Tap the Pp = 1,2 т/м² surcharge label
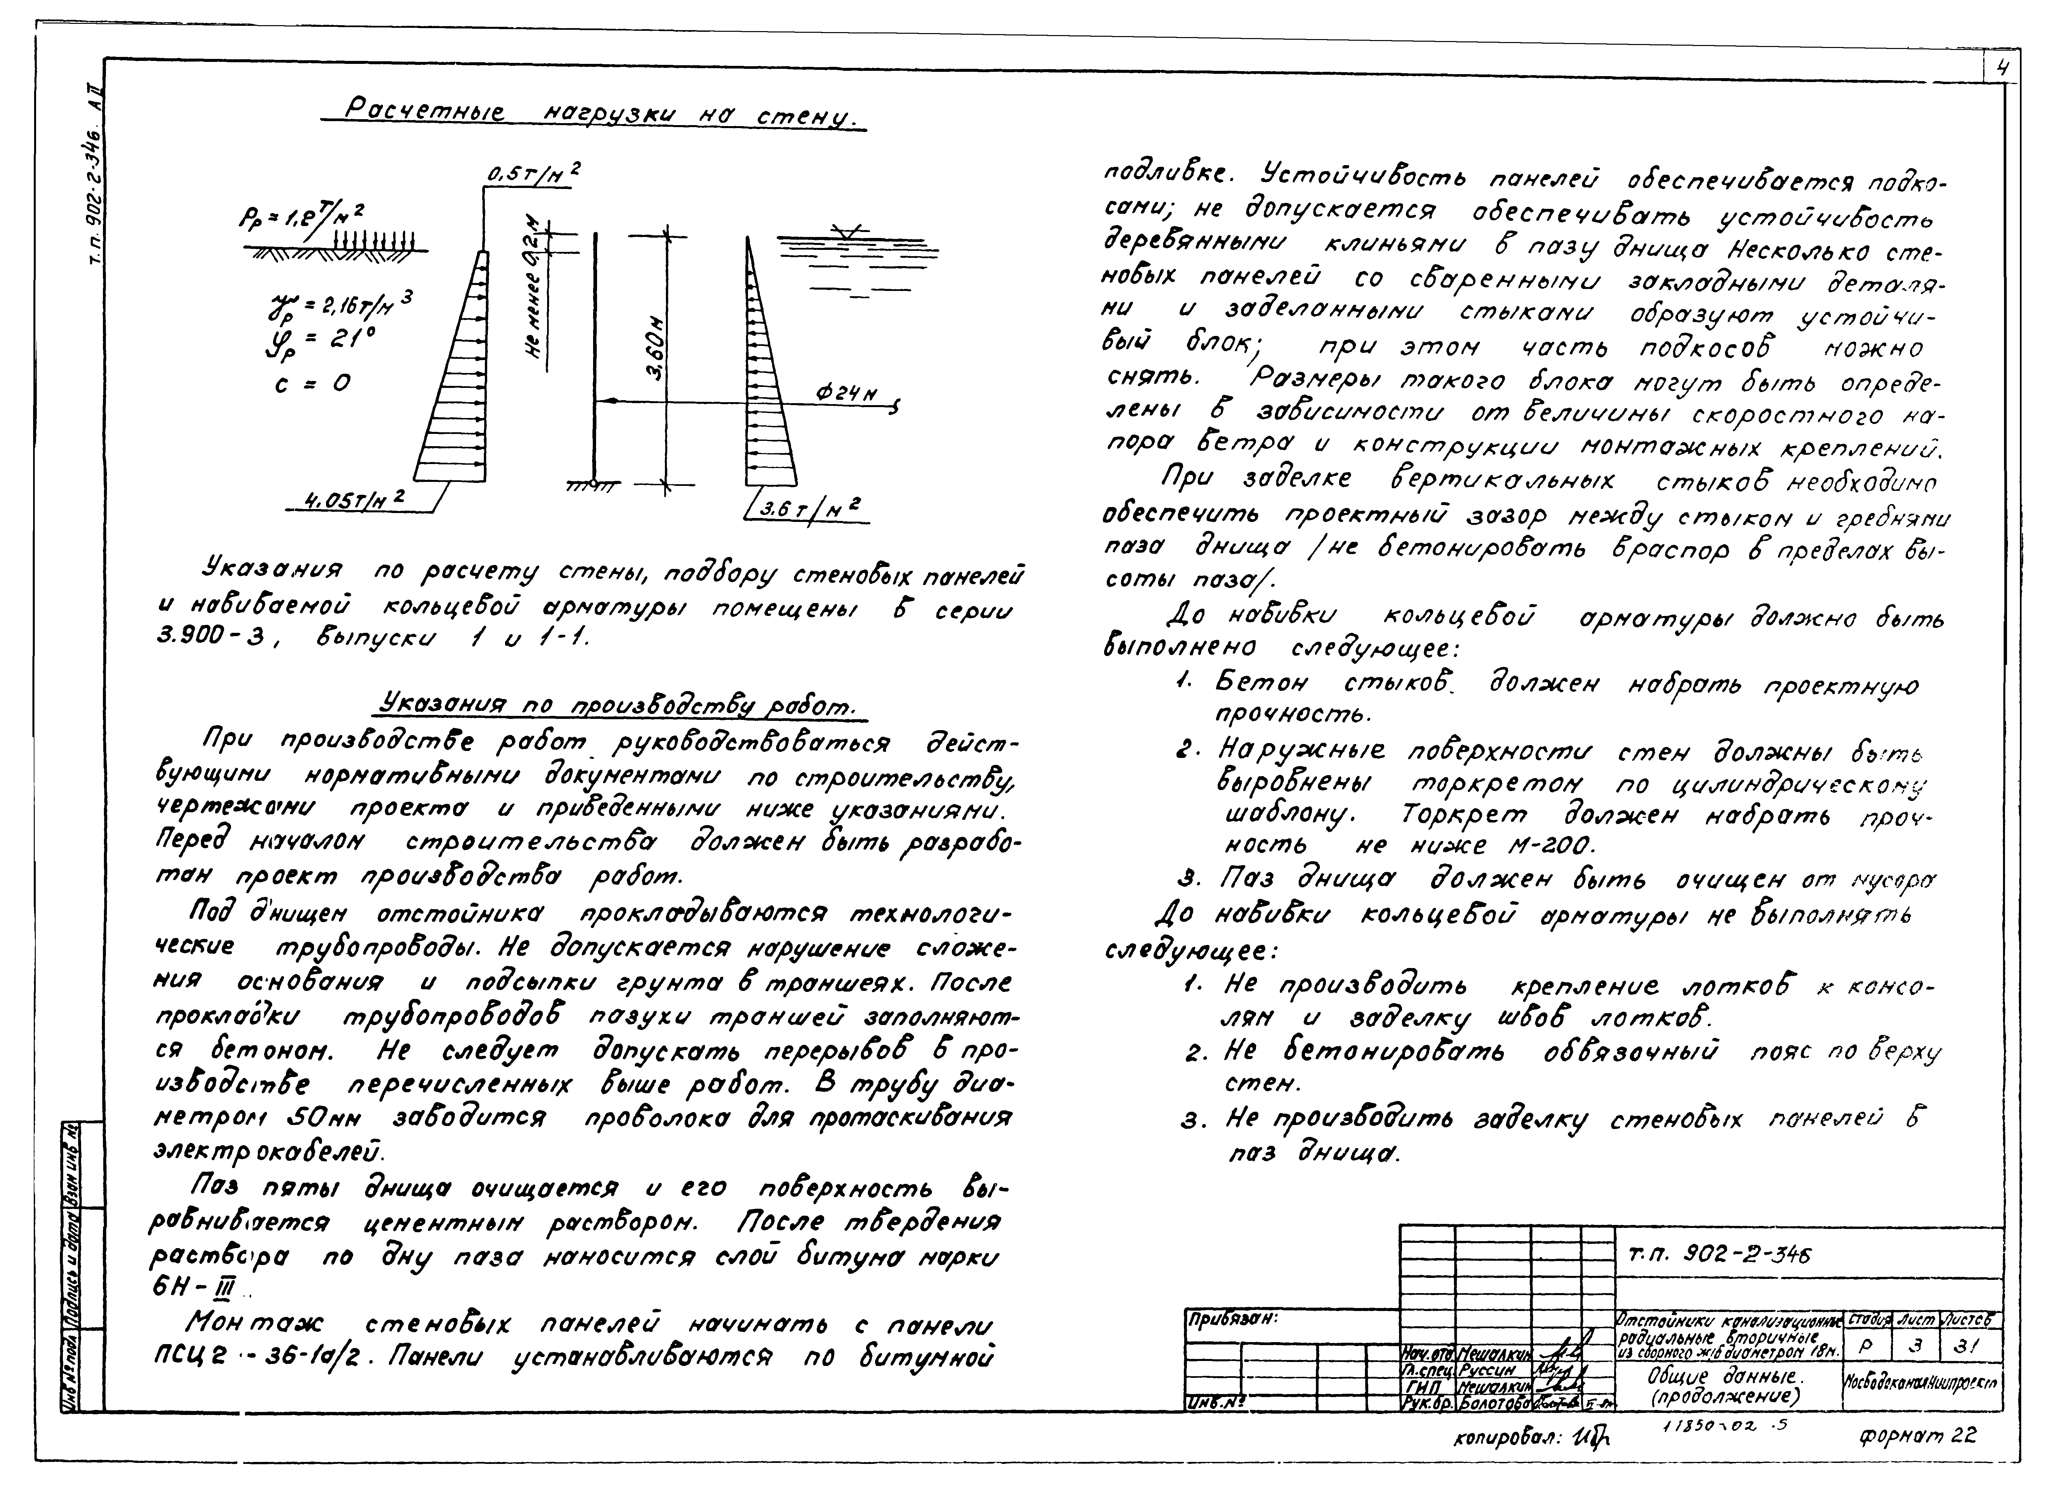(302, 217)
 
